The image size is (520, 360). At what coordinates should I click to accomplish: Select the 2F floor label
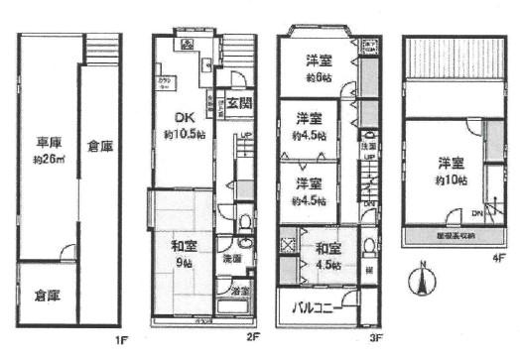pyautogui.click(x=253, y=338)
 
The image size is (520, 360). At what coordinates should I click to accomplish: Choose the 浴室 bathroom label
pyautogui.click(x=240, y=291)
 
